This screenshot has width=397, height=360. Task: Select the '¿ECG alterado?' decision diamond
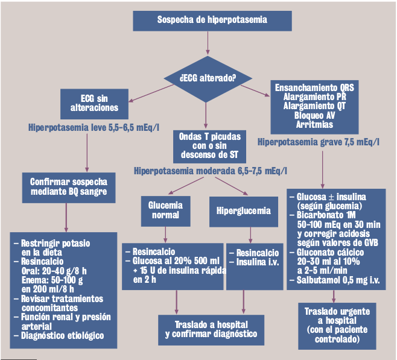click(x=208, y=77)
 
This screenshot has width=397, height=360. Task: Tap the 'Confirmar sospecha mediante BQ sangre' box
click(x=68, y=187)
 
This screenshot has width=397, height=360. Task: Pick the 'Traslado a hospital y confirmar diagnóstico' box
click(x=211, y=329)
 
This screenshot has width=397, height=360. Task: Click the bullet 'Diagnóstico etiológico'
click(x=62, y=335)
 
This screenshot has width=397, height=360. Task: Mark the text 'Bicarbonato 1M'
click(x=326, y=215)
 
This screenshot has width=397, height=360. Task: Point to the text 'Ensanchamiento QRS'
click(x=314, y=87)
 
